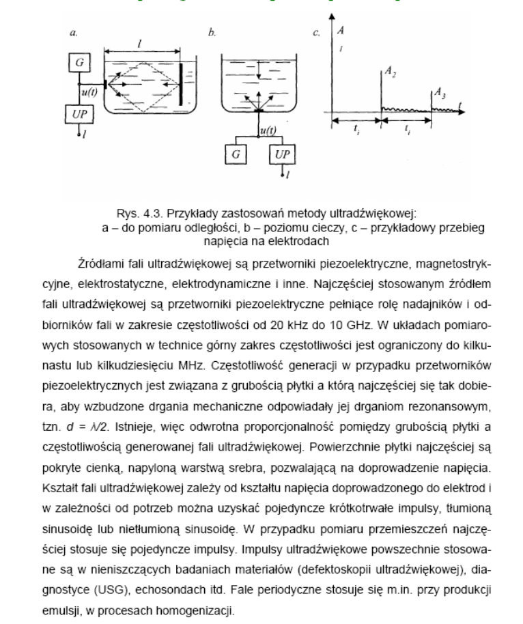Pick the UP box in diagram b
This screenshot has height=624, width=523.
pos(282,153)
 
